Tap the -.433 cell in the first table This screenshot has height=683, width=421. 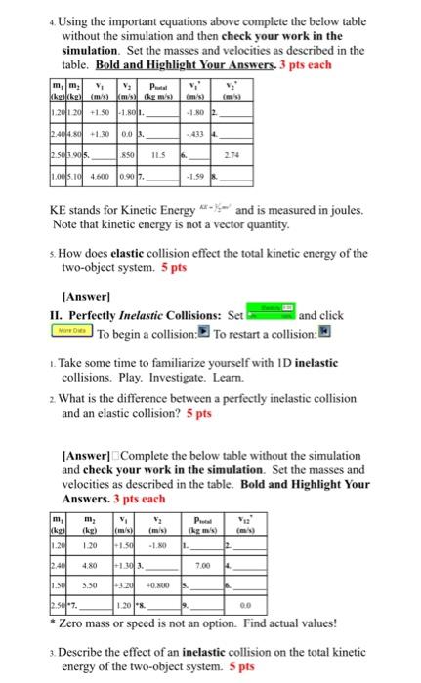[199, 133]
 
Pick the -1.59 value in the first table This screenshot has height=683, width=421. [199, 177]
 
